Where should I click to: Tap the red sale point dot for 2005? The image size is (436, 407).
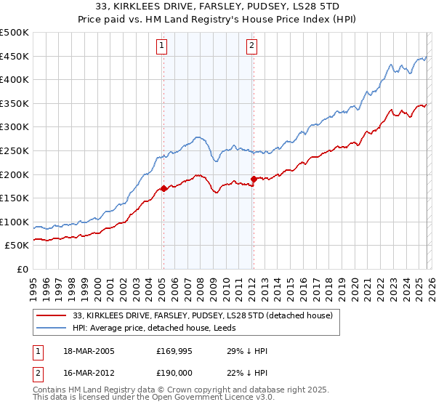coord(163,188)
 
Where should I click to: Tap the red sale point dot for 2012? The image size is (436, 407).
coord(254,179)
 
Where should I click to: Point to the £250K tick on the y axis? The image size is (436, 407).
coord(15,150)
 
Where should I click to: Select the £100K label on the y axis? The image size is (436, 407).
coord(15,222)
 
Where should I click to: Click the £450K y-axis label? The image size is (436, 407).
coord(15,56)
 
